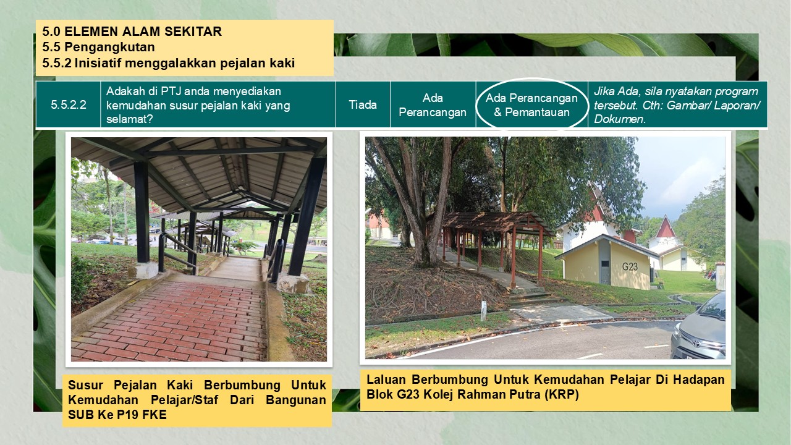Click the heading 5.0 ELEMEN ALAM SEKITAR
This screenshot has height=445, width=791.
132,32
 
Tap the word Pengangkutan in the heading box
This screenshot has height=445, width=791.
109,47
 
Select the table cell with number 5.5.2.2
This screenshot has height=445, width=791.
69,105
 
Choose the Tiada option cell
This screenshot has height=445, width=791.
363,105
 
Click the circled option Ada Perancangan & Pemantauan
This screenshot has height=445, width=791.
531,105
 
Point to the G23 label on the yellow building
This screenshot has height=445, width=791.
630,266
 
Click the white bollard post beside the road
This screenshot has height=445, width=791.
483,311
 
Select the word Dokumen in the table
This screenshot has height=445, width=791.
620,119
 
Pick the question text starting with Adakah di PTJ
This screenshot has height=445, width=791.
198,105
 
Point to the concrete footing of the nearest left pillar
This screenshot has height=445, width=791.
143,270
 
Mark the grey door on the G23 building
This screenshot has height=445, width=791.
604,263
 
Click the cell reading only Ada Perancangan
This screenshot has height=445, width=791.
433,105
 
